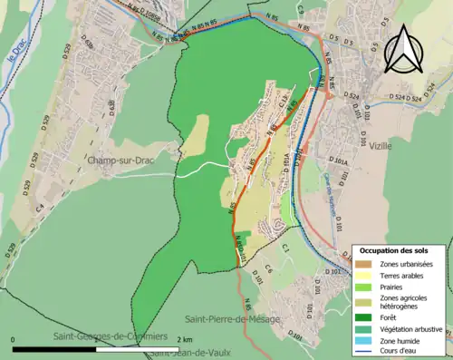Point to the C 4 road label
coord(39,207)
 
